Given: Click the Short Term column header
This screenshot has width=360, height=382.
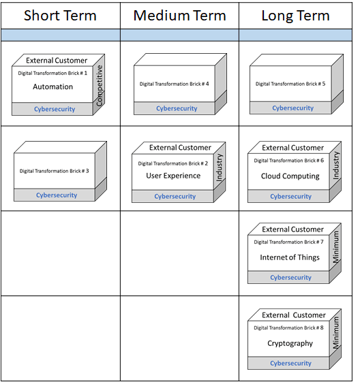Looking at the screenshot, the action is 60,16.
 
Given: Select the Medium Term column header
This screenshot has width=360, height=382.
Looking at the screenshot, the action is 180,16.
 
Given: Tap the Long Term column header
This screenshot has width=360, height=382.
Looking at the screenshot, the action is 296,16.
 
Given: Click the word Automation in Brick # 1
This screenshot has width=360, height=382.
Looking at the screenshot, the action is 53,86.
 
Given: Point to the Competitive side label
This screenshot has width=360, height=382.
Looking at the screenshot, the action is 100,86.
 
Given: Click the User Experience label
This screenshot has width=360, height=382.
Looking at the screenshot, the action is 173,176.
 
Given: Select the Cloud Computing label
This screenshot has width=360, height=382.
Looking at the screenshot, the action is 290,176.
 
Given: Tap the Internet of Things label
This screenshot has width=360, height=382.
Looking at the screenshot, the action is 290,257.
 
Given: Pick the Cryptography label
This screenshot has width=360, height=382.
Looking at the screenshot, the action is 290,343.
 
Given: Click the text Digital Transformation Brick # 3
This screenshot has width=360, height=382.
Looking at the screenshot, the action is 54,171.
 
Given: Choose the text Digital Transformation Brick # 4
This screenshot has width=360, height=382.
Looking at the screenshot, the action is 174,84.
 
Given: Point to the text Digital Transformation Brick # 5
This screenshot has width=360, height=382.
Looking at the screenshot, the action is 290,84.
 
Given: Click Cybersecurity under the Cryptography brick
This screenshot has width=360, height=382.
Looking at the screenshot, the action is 290,363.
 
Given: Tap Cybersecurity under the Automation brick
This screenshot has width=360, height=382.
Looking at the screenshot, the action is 55,109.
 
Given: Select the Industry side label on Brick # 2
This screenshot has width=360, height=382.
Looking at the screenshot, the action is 220,168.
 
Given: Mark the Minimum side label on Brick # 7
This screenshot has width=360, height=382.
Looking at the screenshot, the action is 336,247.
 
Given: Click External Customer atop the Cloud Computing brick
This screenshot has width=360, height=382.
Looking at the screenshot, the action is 292,148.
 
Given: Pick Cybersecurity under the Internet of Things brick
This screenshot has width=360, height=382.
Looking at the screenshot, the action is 290,278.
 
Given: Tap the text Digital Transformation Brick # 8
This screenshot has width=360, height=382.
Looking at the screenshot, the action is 288,328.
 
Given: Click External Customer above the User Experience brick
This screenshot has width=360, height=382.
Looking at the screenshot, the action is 180,147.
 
